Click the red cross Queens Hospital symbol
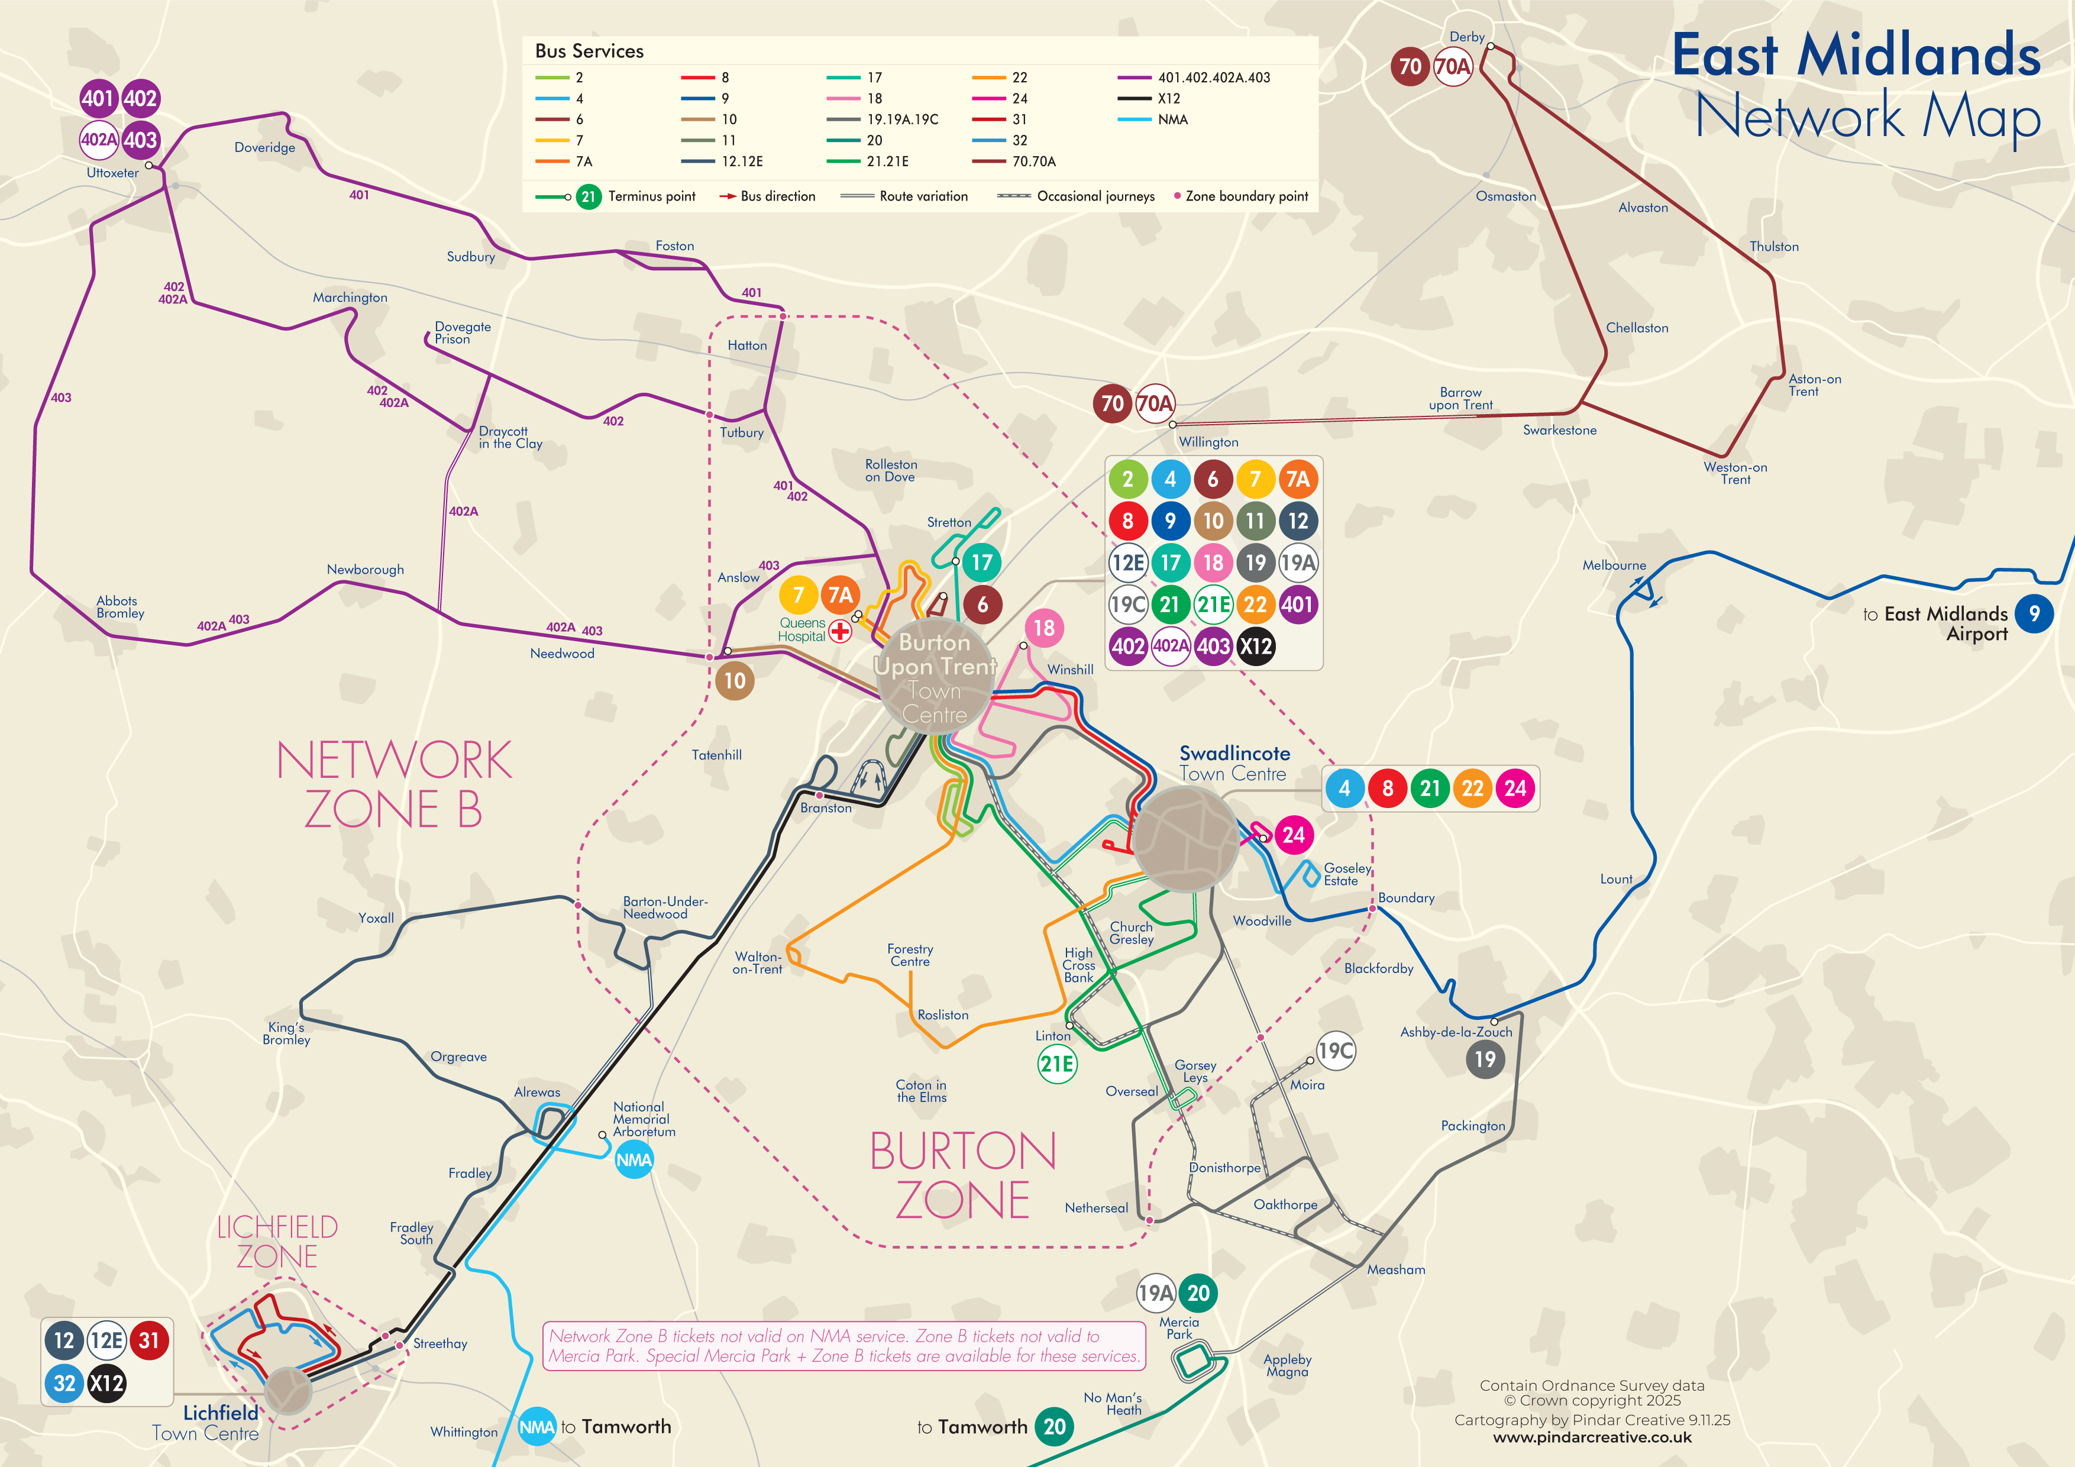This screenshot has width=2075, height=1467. point(839,631)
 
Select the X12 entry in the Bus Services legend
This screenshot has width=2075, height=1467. point(1169,99)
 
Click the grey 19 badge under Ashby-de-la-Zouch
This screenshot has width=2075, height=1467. point(1485,1059)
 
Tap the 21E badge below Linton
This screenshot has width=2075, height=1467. point(1056,1064)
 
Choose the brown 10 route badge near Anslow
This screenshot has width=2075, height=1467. point(735,681)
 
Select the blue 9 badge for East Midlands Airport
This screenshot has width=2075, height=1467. point(2034,615)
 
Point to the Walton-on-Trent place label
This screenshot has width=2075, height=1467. point(757,962)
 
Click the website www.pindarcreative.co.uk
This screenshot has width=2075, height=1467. point(1592,1437)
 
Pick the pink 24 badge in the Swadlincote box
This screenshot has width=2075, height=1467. point(1515,788)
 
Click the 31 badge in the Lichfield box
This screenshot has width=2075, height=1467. point(149,1340)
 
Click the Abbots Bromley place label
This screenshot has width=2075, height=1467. point(120,606)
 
